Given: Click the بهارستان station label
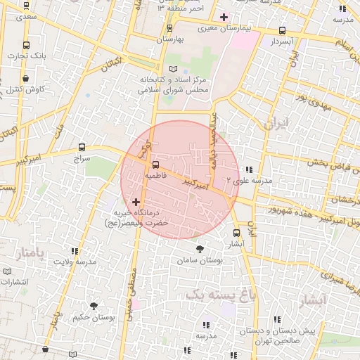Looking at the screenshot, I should point(169,39).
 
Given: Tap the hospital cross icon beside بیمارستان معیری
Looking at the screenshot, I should point(224,17).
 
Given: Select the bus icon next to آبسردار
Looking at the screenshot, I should point(282,31).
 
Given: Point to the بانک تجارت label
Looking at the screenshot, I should point(29,55).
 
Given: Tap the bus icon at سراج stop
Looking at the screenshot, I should point(82,148).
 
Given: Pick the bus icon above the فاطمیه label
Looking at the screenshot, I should point(155,165).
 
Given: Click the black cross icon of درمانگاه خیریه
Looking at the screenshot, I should point(136,202).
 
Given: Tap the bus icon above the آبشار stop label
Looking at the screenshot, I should point(236,233).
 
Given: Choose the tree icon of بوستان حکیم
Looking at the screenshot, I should point(94,305).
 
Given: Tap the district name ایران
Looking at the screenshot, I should point(276,124).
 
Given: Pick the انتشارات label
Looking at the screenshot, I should point(15,282).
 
